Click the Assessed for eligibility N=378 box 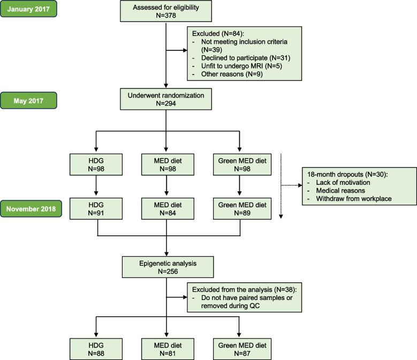(166, 10)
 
